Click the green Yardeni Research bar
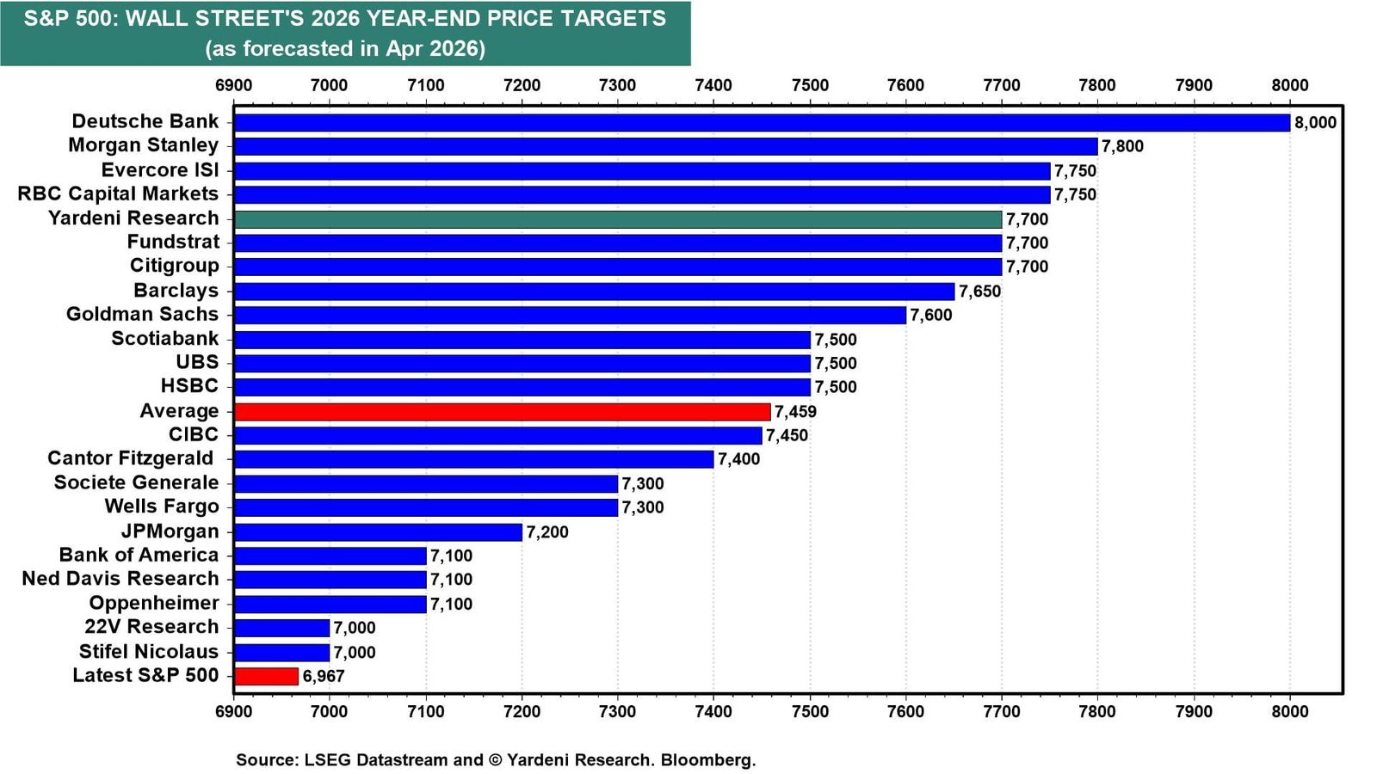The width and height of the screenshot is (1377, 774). point(618,219)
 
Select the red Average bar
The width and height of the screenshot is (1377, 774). point(503,412)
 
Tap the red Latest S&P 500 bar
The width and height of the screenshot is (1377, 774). point(266,676)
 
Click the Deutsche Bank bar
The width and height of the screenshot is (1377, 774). point(763,123)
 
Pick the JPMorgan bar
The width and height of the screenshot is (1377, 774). point(378,532)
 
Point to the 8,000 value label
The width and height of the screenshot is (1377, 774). point(1316,123)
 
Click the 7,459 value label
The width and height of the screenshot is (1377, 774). point(795,412)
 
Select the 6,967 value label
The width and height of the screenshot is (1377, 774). point(324,676)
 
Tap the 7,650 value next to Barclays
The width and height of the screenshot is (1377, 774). point(980,292)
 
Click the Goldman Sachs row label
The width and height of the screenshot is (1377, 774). point(143,314)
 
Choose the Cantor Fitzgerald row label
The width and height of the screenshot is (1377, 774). point(130,458)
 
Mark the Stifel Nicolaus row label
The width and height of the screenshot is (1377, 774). point(149,651)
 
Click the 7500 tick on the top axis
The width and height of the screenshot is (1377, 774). point(810,85)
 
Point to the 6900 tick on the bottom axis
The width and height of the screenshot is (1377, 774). point(233,712)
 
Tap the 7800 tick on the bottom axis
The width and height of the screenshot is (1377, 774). point(1098,712)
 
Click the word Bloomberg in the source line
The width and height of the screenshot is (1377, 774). point(708,760)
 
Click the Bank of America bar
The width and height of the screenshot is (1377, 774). point(330,556)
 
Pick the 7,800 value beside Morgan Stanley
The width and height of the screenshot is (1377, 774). point(1122,147)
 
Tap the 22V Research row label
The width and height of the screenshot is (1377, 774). point(151,627)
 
